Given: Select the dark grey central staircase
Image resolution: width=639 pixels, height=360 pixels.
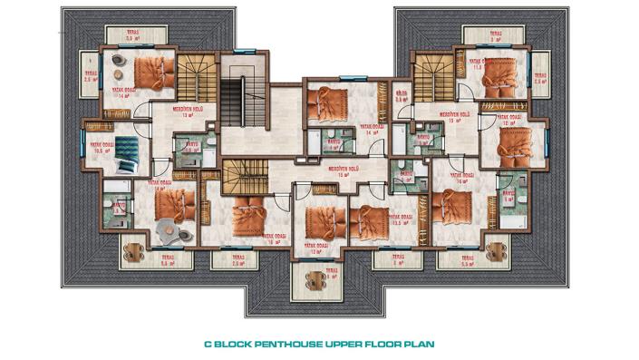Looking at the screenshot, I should [x=245, y=102].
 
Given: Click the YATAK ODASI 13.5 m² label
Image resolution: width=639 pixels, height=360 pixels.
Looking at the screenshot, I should [x=401, y=220].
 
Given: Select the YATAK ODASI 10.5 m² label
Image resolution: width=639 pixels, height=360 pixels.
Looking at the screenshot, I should [x=100, y=149].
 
